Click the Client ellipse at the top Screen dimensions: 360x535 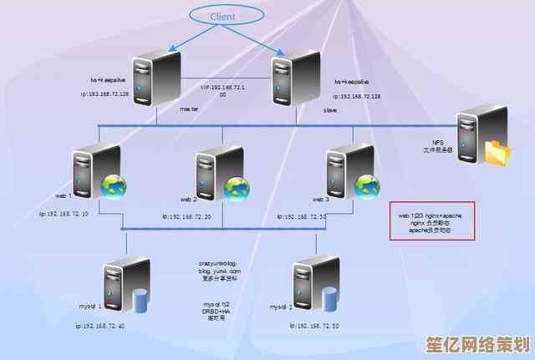coord(222,15)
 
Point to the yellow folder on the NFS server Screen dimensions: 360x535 coord(497,152)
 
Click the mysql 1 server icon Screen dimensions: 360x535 coord(122,287)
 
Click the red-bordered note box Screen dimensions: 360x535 coord(431,221)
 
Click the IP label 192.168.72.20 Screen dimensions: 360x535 coord(186,216)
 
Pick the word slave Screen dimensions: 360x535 coord(330,109)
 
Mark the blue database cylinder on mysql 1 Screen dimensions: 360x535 coord(139,299)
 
